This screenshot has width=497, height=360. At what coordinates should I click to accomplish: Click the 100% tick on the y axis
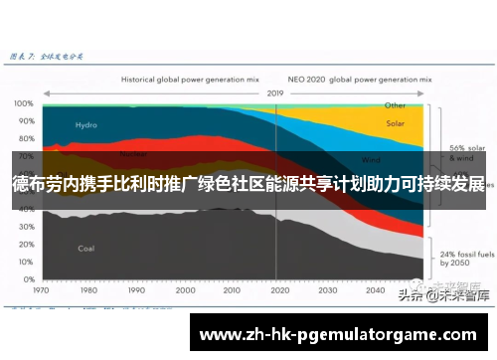22,102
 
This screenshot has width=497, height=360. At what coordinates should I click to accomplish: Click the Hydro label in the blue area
86,125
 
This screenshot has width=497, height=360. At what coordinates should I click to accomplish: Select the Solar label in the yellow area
396,124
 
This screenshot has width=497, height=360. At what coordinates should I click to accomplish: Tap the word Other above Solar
396,104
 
